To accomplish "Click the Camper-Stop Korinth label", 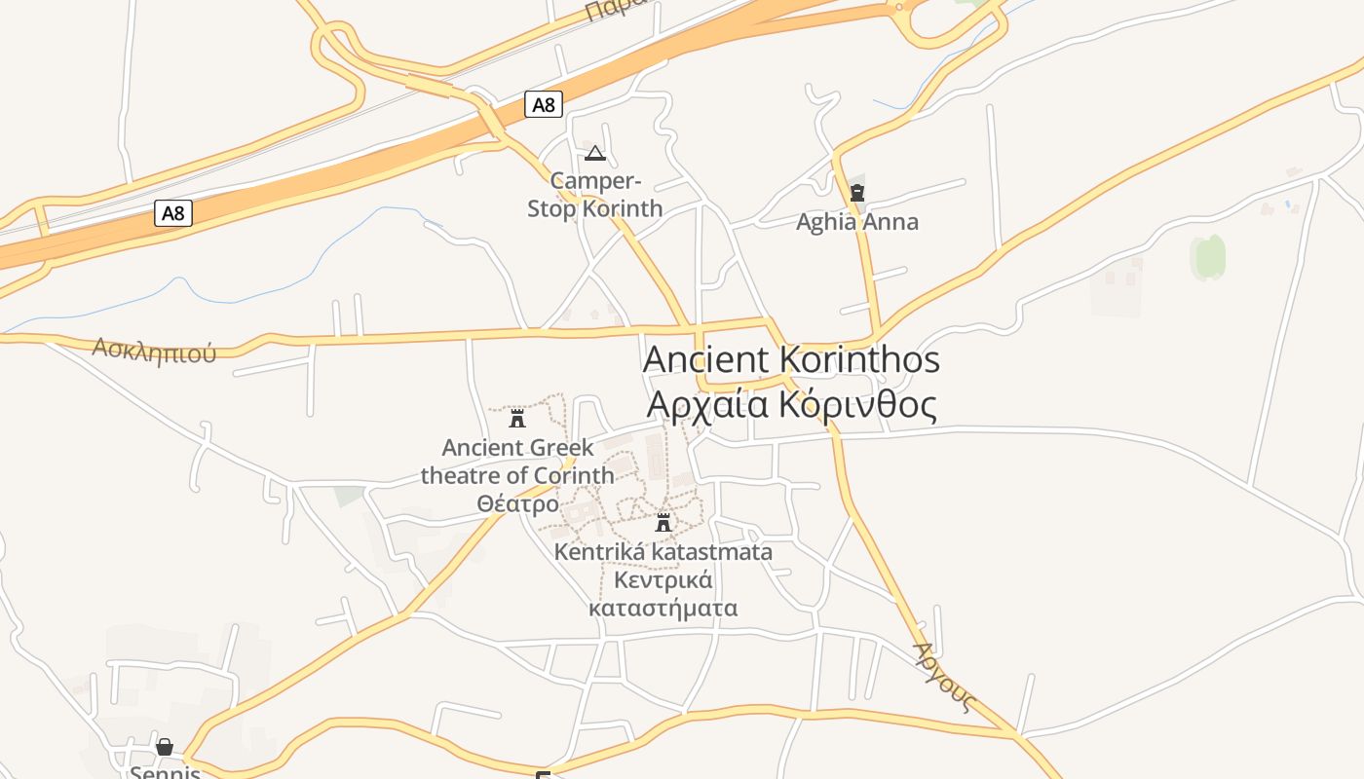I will click(x=595, y=195).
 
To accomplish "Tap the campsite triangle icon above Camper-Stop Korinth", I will click(x=595, y=153).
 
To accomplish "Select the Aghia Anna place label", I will click(x=857, y=222).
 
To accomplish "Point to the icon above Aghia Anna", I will click(x=857, y=193).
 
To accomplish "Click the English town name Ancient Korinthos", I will click(x=791, y=359).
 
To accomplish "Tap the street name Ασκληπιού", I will click(x=154, y=350).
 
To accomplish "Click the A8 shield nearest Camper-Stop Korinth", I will click(x=544, y=104).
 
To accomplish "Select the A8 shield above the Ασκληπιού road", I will click(x=173, y=213).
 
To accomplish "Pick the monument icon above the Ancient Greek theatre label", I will click(x=517, y=419).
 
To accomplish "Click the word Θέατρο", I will click(x=517, y=503).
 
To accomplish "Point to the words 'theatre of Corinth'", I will click(x=517, y=475).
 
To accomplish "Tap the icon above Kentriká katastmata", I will click(x=663, y=523).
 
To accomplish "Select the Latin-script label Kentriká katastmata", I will click(x=663, y=552).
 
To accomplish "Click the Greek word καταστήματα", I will click(x=663, y=609).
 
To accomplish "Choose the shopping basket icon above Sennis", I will click(x=165, y=747).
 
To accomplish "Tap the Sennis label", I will click(x=165, y=772).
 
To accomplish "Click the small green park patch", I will click(x=1208, y=257).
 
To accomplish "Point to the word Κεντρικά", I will click(x=663, y=580).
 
